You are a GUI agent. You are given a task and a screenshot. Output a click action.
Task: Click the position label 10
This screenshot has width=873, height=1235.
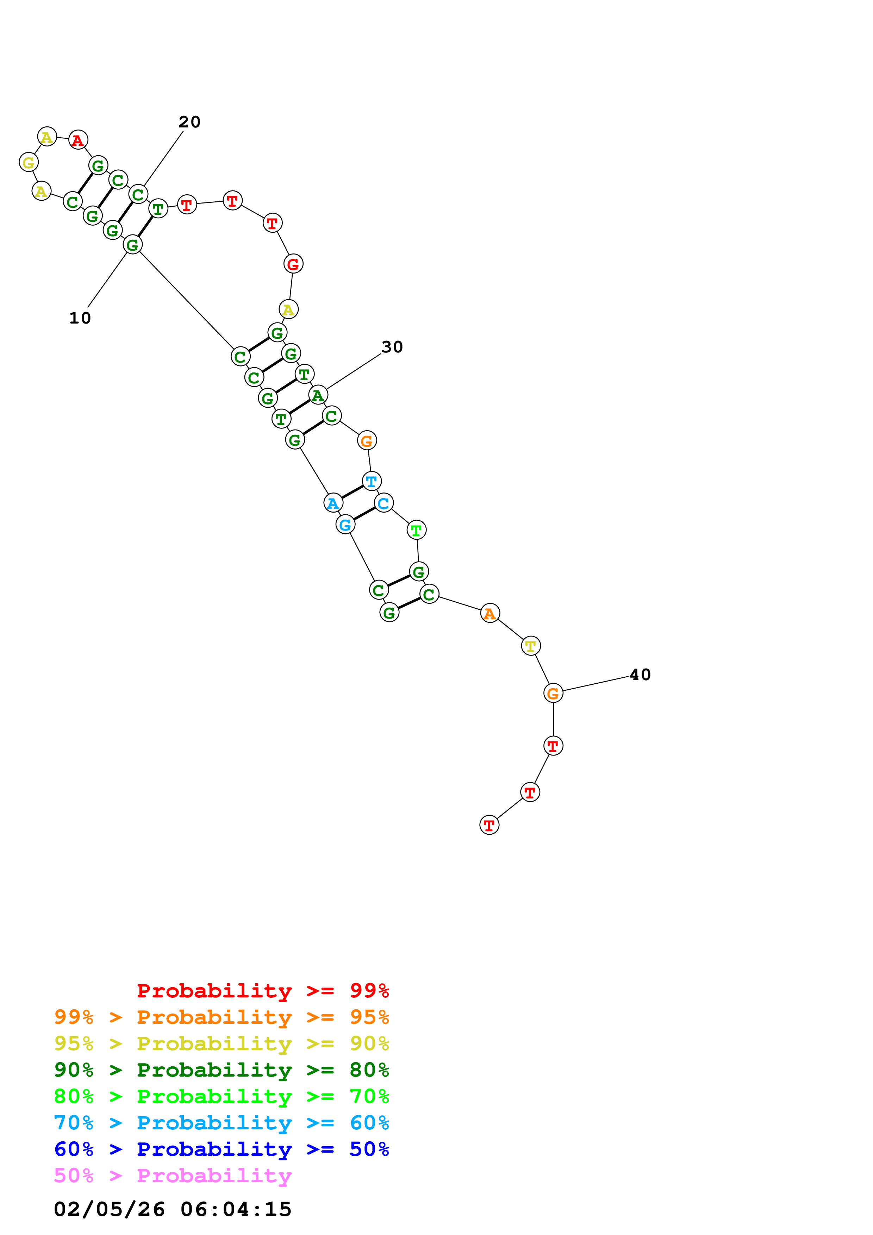(80, 318)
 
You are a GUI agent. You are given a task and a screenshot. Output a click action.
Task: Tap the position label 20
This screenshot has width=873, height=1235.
(189, 122)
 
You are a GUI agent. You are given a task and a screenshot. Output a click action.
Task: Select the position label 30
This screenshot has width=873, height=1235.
(392, 347)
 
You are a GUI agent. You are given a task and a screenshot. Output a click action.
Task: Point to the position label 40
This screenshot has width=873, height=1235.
(640, 675)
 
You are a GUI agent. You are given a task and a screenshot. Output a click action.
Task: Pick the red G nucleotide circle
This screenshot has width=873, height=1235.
(293, 264)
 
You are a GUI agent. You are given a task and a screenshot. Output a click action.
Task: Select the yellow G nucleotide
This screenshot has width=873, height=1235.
(29, 162)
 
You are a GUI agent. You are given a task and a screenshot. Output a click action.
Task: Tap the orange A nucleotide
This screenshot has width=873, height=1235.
(490, 613)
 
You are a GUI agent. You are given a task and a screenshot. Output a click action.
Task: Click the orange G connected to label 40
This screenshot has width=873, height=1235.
(553, 693)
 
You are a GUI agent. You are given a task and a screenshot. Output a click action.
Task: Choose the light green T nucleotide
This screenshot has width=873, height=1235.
(416, 530)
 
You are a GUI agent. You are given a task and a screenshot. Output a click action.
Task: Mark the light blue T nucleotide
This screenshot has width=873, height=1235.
(372, 481)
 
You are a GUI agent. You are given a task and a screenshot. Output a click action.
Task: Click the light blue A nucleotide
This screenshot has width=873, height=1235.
(333, 503)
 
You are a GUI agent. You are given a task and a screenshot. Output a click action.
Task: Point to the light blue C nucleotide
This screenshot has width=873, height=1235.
(384, 503)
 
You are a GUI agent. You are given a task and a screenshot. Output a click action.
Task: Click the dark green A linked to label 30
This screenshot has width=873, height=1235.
(318, 395)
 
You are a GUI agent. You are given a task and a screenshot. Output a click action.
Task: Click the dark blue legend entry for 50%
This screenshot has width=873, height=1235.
(221, 1149)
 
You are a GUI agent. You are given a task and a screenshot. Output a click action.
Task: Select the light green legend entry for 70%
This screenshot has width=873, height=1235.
(221, 1096)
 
